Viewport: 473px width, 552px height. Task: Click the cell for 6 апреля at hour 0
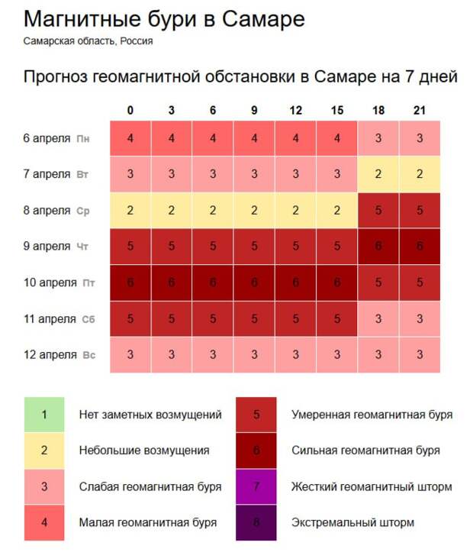click(130, 138)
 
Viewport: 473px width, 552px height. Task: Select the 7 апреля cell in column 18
click(378, 174)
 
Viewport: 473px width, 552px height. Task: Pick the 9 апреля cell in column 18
click(378, 247)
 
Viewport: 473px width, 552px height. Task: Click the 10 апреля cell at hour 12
click(295, 282)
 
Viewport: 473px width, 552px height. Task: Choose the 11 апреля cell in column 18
click(378, 318)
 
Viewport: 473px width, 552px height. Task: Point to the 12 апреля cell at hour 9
click(254, 354)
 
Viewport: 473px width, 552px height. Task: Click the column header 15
click(336, 111)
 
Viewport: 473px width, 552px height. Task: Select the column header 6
click(213, 111)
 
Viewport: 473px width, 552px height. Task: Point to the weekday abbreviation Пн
click(83, 139)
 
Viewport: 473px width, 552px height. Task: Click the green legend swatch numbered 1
click(44, 415)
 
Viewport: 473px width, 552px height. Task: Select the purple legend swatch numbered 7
click(256, 486)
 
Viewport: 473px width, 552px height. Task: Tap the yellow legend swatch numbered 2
click(44, 450)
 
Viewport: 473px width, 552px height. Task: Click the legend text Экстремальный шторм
click(352, 523)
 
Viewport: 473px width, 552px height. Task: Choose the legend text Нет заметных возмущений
click(150, 415)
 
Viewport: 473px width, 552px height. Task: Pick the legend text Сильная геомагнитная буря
click(365, 450)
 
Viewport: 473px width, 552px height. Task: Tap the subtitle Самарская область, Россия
click(88, 41)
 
